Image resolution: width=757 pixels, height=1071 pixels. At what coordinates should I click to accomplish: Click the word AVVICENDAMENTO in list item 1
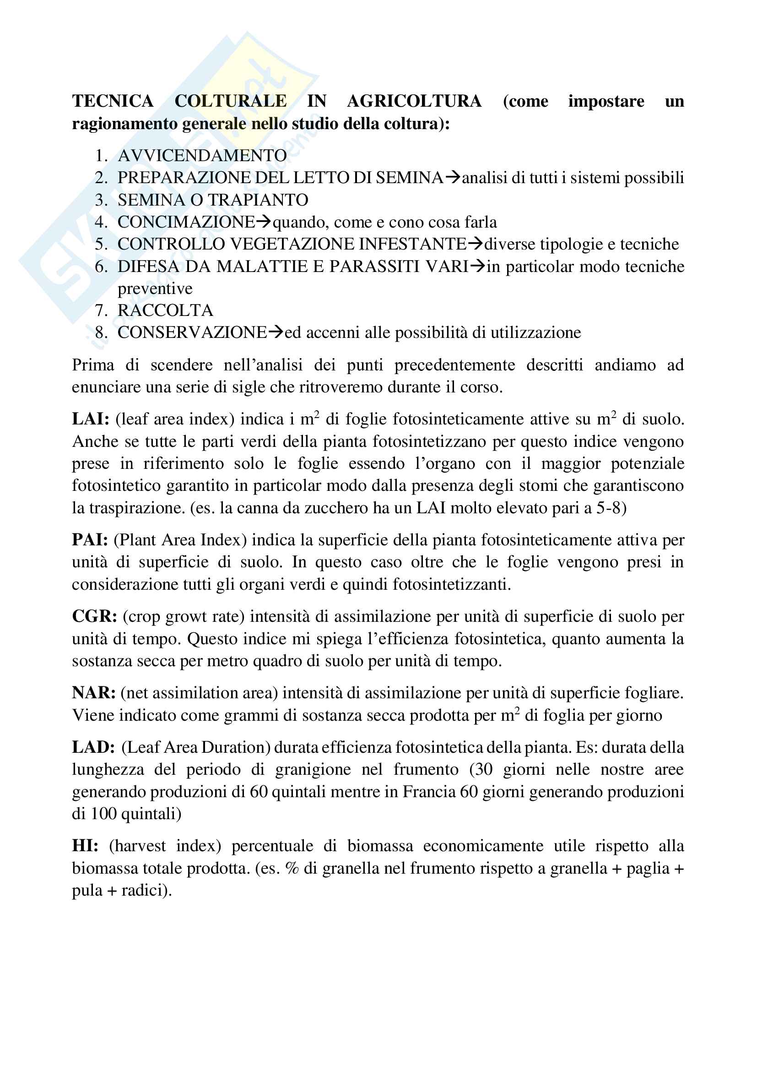click(202, 155)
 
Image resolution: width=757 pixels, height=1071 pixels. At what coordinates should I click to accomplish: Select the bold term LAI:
click(91, 419)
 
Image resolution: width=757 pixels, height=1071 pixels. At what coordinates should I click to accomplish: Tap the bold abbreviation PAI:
click(90, 540)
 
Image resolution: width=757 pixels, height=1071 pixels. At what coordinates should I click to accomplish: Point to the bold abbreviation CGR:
click(94, 616)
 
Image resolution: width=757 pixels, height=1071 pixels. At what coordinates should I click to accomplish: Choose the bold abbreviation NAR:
click(94, 693)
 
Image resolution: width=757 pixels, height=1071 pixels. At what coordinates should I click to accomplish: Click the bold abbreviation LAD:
click(93, 747)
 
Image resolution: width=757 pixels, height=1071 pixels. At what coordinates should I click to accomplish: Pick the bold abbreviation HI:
click(85, 845)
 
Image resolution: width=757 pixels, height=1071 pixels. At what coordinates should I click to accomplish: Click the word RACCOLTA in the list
click(165, 310)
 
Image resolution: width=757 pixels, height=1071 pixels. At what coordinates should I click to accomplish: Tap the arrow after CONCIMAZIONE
click(264, 222)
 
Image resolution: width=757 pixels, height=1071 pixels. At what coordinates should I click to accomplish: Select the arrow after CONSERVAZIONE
click(276, 332)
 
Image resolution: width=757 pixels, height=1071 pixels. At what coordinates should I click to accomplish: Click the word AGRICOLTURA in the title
click(414, 101)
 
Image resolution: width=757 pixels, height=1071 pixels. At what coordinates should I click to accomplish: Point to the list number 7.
click(101, 310)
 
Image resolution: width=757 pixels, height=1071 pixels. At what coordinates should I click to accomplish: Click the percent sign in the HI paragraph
click(292, 868)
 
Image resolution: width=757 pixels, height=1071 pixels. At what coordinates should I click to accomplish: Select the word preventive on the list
click(155, 288)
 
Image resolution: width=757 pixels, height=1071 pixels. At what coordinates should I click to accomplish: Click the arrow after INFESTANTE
click(476, 244)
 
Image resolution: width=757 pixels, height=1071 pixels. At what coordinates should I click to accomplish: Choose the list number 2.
click(101, 178)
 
